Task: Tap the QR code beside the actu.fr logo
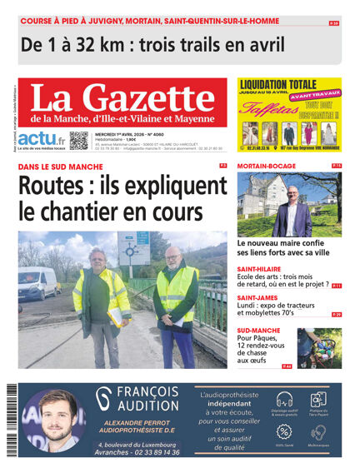(x=79, y=140)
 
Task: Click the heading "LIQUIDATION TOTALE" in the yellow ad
(x=277, y=84)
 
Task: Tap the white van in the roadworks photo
(x=37, y=283)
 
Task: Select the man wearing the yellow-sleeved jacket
(x=103, y=291)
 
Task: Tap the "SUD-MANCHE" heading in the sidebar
(x=259, y=328)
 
